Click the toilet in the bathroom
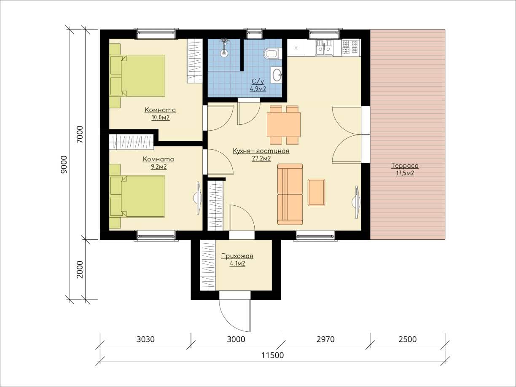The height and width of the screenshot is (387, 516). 273,54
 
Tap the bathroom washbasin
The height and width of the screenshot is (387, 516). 277,75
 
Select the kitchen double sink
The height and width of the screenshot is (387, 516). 324,48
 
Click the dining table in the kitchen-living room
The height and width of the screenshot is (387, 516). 284,125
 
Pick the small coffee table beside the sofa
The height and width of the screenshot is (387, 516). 317,192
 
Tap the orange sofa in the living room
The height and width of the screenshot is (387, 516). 290,194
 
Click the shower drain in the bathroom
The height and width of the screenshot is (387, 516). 224,53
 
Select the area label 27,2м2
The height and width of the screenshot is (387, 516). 261,159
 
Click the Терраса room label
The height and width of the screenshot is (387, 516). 405,166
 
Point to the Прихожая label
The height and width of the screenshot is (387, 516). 237,256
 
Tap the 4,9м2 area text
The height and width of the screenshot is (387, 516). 258,89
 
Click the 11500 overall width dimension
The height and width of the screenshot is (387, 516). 273,355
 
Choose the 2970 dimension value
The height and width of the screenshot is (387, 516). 325,339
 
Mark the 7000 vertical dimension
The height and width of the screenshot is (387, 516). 80,134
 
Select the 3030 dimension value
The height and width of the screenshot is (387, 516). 145,339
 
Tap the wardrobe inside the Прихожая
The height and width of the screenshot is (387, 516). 208,265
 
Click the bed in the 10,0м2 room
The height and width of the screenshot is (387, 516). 137,75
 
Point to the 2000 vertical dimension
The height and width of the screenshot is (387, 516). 80,269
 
